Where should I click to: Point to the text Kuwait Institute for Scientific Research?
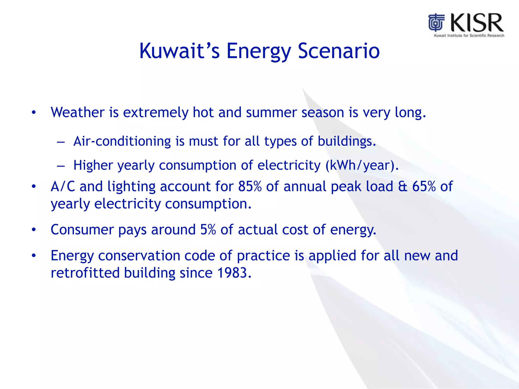[469, 36]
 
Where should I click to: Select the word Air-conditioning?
[122, 141]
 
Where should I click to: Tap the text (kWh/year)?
[362, 165]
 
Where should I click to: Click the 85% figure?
[250, 186]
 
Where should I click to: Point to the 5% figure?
[208, 230]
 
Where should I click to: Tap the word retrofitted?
[85, 273]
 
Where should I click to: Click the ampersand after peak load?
[402, 187]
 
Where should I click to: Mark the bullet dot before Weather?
[34, 112]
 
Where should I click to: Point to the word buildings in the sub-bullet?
[346, 141]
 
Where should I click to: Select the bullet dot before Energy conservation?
[34, 256]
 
